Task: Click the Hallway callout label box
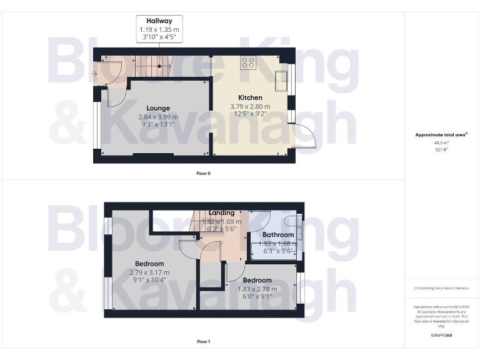(159, 29)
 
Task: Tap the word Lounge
(158, 108)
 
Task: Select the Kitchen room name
(250, 97)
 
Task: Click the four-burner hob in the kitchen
(247, 62)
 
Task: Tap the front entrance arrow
(94, 74)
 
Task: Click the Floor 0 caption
(203, 173)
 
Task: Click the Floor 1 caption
(203, 342)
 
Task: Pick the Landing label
(221, 213)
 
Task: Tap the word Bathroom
(278, 235)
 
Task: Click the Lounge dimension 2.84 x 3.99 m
(158, 117)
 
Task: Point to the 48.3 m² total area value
(442, 142)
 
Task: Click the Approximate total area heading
(441, 134)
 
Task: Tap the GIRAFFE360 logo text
(441, 336)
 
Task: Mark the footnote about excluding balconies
(441, 287)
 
